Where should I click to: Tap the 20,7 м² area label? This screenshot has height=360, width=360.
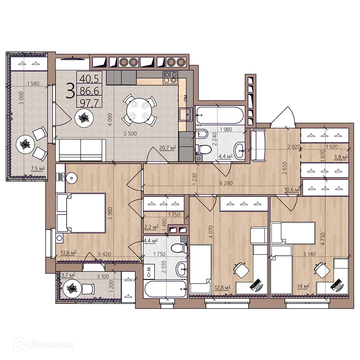tap(168, 148)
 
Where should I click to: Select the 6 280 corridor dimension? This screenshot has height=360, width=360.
tap(226, 183)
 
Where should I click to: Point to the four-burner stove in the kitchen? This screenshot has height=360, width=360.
tap(170, 77)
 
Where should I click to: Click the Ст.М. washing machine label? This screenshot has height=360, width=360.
tap(149, 271)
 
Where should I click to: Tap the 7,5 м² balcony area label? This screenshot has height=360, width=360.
tap(38, 169)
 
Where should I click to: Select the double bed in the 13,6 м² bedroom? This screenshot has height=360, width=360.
tap(86, 213)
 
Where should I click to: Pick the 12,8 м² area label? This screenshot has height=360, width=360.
tap(222, 287)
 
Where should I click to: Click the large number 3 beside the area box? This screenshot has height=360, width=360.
tap(71, 91)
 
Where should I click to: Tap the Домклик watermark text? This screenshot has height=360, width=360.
tap(51, 345)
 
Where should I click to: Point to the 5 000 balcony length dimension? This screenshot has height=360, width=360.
tap(21, 98)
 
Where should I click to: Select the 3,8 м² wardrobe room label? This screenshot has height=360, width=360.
tap(341, 157)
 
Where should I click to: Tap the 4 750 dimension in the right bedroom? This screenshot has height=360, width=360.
tap(323, 239)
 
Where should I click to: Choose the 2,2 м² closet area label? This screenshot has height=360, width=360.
tap(151, 228)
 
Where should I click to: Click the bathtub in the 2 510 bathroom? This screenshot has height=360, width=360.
tap(165, 289)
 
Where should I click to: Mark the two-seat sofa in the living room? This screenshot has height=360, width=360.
tap(81, 150)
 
